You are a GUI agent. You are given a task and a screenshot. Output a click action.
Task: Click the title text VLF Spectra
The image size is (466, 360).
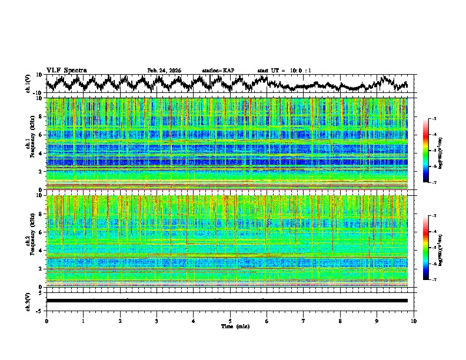coord(66,70)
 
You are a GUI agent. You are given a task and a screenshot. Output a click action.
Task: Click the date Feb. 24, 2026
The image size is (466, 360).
coord(164,71)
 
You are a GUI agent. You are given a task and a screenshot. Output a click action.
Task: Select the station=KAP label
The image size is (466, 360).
coord(218,71)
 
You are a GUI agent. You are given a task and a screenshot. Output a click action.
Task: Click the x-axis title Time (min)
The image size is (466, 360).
coord(230,326)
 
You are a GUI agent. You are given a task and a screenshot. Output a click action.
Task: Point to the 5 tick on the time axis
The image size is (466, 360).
coord(230,321)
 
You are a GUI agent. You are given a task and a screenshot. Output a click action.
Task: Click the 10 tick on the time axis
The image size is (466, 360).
coord(414,321)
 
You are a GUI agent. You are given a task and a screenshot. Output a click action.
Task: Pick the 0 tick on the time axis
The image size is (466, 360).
coord(46,321)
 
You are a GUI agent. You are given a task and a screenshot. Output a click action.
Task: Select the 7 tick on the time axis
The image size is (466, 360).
coord(304,321)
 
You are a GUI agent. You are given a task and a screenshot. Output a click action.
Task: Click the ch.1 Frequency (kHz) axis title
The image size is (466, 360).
coord(31,144)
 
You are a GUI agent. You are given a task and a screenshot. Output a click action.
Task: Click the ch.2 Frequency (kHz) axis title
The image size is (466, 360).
coord(31,241)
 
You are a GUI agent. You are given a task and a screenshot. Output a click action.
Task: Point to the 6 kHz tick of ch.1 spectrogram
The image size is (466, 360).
coord(41,135)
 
